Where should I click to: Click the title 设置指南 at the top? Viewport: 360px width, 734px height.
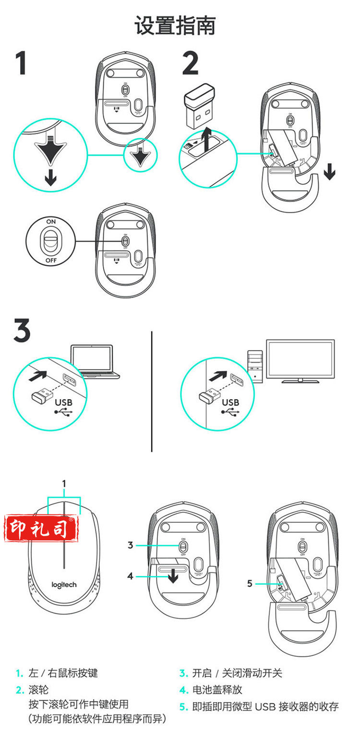click(175, 25)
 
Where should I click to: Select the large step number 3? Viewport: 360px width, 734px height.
click(22, 331)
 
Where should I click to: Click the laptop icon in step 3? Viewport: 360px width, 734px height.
click(95, 361)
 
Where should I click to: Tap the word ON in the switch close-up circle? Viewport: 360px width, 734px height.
click(51, 222)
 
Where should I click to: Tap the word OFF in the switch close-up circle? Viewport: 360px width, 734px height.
click(51, 260)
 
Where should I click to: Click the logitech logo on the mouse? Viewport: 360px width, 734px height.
click(64, 584)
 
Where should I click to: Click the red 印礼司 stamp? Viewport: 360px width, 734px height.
click(41, 528)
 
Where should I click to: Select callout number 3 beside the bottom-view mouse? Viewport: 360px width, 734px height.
click(131, 545)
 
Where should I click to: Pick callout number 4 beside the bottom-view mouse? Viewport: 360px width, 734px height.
click(131, 576)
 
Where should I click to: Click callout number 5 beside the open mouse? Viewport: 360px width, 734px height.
click(250, 583)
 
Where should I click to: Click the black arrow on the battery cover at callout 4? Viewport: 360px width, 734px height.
click(173, 576)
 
